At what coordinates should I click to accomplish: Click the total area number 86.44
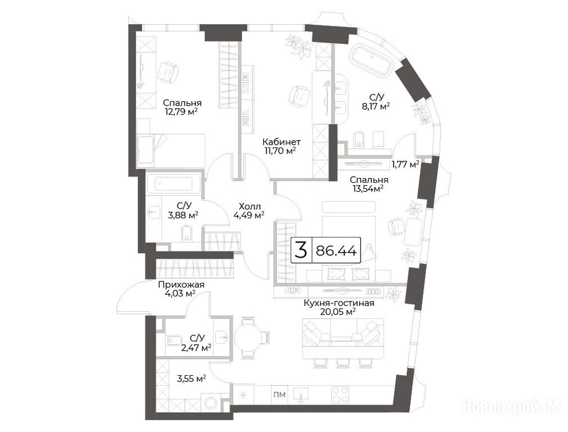336,250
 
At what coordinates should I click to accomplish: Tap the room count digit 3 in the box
301,250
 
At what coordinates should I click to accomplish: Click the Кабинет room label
281,142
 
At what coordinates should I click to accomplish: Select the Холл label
250,207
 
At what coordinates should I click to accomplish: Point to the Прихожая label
181,285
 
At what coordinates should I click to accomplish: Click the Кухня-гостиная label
339,303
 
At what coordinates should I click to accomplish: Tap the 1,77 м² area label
405,165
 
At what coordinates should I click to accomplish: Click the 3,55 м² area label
191,379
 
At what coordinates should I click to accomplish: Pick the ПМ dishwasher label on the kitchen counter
280,394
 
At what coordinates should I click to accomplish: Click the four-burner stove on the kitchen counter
340,395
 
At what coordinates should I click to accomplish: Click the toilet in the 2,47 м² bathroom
174,340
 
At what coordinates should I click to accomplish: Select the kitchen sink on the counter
301,394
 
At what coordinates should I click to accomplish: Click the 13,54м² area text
368,188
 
